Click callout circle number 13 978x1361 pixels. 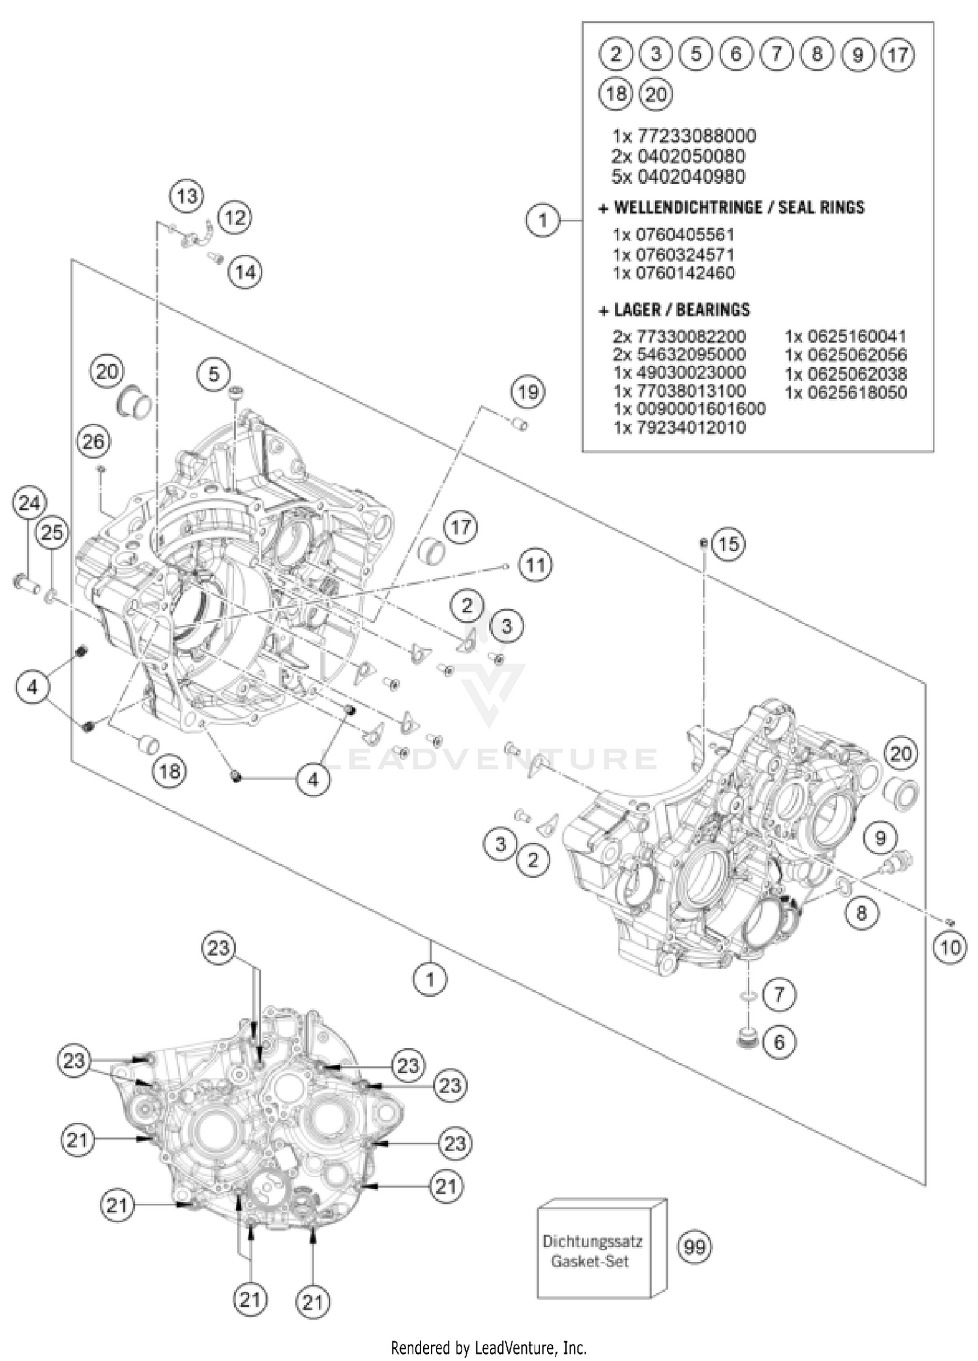pos(187,196)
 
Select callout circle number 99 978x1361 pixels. pos(694,1247)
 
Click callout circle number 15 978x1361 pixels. pos(728,543)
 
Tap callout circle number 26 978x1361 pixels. pos(93,442)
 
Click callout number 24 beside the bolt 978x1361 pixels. pos(29,503)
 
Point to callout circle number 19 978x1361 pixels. pos(528,392)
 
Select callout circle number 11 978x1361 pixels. pos(535,565)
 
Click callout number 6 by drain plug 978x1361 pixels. pos(779,1042)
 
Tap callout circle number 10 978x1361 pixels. pos(950,947)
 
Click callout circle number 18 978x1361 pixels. pos(170,771)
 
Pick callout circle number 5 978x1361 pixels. pos(214,374)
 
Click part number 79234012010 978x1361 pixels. pos(679,428)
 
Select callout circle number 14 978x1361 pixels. pos(246,271)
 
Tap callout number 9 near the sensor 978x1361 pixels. pos(880,837)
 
